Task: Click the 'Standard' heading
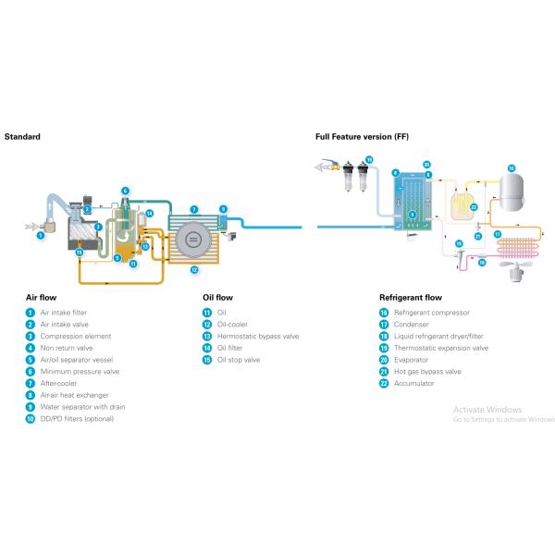coord(22,136)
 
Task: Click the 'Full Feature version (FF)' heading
coord(362,136)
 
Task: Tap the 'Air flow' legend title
coord(43,298)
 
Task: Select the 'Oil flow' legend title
coord(217,298)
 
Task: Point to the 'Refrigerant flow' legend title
coord(410,298)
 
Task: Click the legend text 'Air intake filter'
coord(64,313)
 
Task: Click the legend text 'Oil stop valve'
coord(238,360)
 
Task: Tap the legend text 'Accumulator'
coord(415,383)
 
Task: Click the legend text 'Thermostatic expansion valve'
coord(441,348)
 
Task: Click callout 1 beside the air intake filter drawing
coord(41,235)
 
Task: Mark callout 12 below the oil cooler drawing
coord(194,270)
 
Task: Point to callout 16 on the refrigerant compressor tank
coord(510,168)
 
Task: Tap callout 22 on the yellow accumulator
coord(473,207)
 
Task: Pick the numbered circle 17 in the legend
coord(384,325)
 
